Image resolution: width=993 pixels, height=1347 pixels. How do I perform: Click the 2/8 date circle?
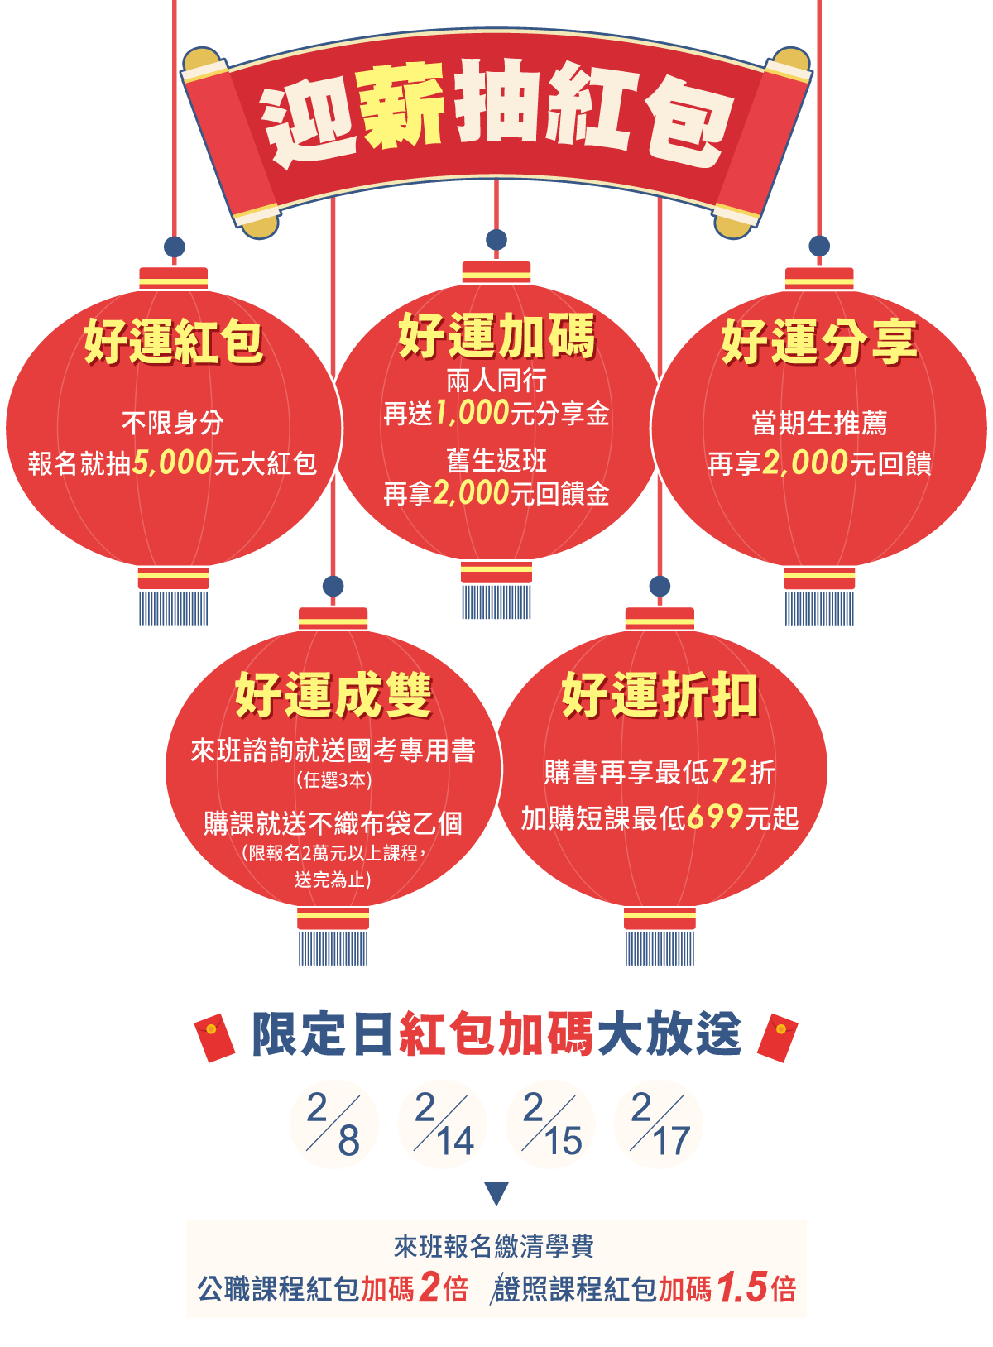tap(334, 1124)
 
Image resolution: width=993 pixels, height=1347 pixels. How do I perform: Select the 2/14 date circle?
tap(442, 1124)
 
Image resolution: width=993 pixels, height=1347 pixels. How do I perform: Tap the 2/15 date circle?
tap(550, 1124)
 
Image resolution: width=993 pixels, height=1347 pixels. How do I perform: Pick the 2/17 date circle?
tap(659, 1124)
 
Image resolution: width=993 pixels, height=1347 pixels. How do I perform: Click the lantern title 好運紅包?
tap(173, 341)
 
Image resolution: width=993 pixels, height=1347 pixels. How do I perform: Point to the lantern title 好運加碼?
tap(496, 336)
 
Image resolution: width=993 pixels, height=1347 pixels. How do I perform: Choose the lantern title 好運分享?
tap(819, 341)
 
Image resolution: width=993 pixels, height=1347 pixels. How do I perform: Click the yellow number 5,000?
tap(172, 463)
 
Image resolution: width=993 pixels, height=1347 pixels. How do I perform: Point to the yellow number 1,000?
tap(472, 412)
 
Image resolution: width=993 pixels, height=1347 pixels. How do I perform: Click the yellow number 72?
tap(729, 770)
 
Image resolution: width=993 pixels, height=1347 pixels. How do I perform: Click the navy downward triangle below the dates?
tap(496, 1194)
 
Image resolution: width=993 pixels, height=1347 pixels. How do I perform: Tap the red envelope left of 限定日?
tap(214, 1037)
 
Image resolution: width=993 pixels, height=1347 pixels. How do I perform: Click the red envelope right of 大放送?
tap(778, 1037)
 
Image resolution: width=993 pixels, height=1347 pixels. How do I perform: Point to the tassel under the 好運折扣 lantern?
tap(660, 947)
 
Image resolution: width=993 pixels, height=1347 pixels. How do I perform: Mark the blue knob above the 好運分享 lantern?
tap(819, 246)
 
